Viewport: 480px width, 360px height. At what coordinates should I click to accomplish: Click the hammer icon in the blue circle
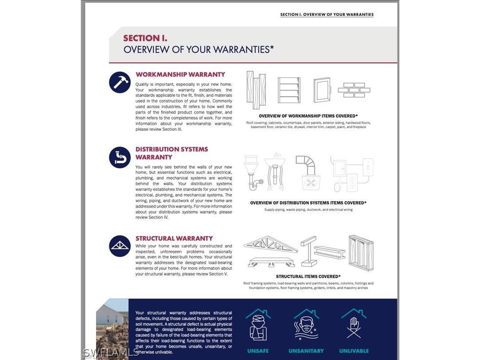click(120, 82)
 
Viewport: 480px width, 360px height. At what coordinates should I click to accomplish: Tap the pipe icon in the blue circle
click(120, 157)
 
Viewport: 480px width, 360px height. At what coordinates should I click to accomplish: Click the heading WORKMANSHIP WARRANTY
click(180, 75)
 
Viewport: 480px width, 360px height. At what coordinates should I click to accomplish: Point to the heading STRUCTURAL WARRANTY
click(174, 238)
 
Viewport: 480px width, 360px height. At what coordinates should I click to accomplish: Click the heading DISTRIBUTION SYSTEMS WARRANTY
click(172, 153)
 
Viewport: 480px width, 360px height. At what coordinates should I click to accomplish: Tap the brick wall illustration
click(354, 90)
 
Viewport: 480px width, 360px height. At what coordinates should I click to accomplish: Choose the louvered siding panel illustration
click(289, 90)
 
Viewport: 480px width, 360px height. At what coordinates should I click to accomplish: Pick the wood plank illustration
click(256, 90)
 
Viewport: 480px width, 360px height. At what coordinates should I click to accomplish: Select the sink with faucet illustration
click(275, 172)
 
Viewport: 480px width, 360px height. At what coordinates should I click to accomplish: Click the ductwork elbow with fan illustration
click(308, 172)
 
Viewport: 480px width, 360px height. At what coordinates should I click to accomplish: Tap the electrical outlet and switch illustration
click(352, 174)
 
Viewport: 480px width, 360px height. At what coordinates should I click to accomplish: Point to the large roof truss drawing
click(270, 245)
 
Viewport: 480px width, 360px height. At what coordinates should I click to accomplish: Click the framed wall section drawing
click(361, 253)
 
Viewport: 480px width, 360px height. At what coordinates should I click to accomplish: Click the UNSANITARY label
click(306, 351)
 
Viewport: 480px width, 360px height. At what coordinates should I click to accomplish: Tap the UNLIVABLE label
click(354, 351)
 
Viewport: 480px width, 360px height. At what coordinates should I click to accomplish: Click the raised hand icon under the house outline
click(354, 324)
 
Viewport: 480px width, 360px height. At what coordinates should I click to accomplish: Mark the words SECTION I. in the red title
click(145, 38)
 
